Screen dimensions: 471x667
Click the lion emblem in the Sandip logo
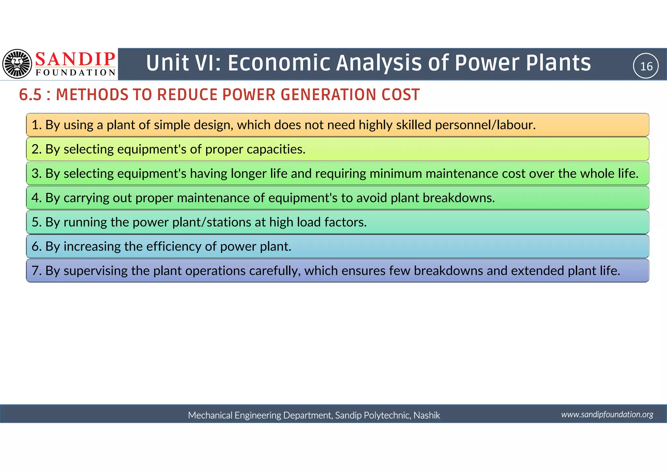coord(17,64)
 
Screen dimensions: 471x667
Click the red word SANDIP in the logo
coord(75,60)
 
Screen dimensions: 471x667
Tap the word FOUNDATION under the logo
coord(75,73)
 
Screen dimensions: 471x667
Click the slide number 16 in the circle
coord(646,66)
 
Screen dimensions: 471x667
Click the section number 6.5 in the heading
coord(30,95)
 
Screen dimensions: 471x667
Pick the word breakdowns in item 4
coord(459,198)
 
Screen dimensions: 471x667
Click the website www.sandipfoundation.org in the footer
coord(607,414)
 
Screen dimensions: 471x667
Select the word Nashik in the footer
coord(427,415)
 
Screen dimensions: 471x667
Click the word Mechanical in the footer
coord(210,415)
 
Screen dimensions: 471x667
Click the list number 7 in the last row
coord(35,271)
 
